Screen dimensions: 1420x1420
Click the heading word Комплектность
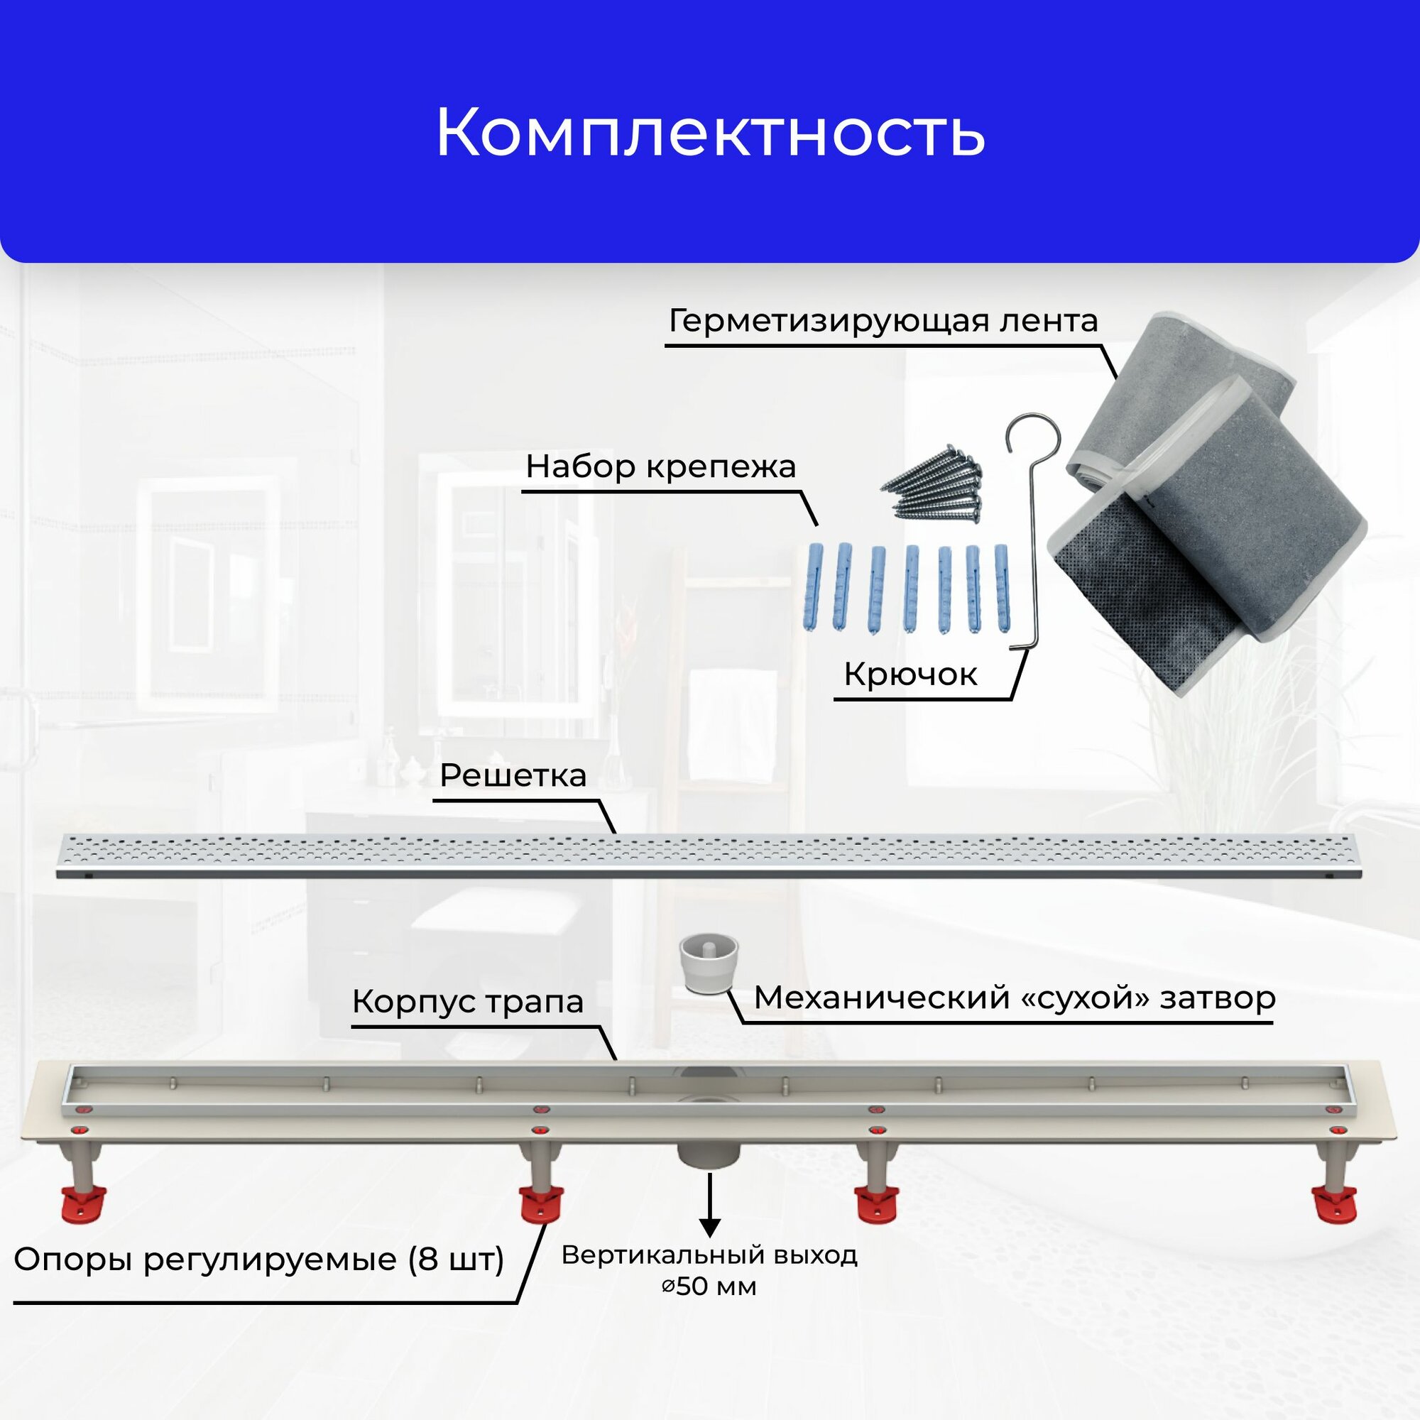click(x=710, y=133)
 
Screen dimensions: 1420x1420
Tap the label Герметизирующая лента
click(x=883, y=321)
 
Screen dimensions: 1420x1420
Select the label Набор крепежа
click(x=661, y=466)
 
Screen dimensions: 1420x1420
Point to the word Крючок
click(x=910, y=674)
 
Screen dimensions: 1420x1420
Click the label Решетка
click(x=513, y=775)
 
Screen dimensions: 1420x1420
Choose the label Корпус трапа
click(x=467, y=1001)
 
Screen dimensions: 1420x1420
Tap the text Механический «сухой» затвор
click(x=1015, y=998)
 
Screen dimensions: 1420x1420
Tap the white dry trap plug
click(x=709, y=963)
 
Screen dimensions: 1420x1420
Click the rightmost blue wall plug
click(x=1002, y=586)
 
